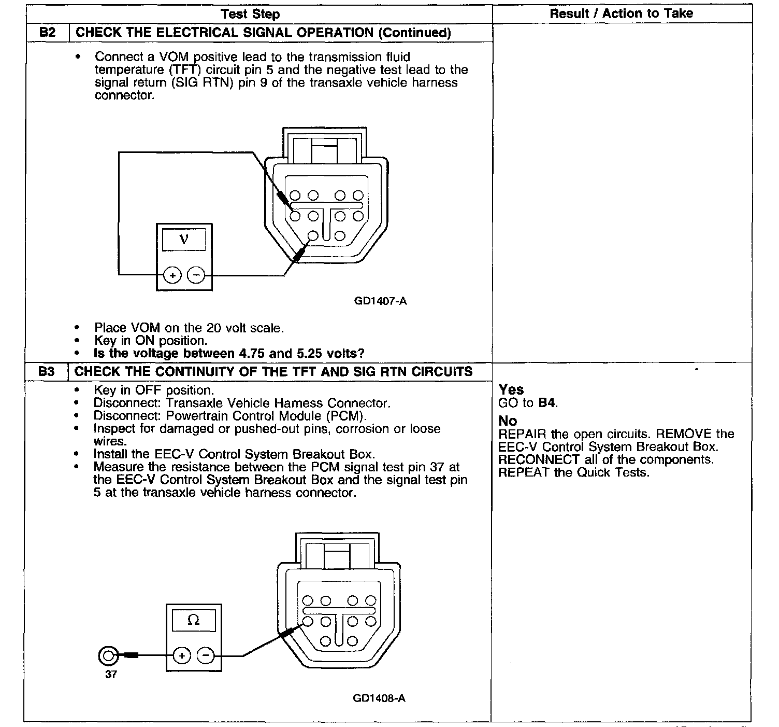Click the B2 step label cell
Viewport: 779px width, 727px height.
[47, 32]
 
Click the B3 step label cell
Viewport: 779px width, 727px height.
[47, 371]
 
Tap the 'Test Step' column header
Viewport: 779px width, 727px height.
[251, 14]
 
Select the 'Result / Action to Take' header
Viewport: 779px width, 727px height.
[621, 13]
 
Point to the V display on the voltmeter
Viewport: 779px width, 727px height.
[184, 239]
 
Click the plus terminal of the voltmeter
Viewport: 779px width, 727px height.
[172, 275]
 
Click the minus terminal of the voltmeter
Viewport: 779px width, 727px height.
[195, 275]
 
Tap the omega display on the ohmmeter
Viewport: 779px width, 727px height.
[193, 620]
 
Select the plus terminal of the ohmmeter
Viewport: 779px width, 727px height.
[182, 655]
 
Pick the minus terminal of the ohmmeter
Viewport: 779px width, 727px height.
[206, 655]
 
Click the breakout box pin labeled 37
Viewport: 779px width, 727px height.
[108, 656]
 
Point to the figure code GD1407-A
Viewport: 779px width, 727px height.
[380, 301]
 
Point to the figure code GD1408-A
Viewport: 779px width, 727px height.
[379, 698]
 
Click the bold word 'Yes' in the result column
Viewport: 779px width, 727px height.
[511, 389]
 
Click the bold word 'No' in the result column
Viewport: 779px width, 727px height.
[508, 421]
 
